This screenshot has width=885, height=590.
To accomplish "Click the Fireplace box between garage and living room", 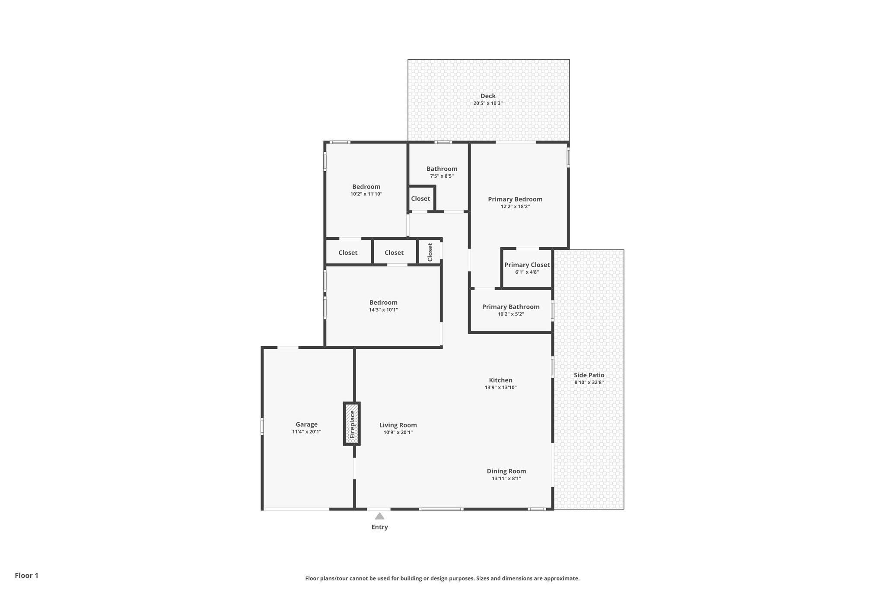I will [352, 424].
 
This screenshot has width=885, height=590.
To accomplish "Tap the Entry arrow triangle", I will [379, 516].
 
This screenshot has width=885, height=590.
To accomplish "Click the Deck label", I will [488, 96].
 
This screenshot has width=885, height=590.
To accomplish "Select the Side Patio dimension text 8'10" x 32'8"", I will [589, 383].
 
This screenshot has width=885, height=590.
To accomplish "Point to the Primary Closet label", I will [527, 265].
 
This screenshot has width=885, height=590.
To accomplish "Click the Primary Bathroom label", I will [510, 307].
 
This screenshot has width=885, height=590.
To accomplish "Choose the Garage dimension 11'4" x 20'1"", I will [306, 432].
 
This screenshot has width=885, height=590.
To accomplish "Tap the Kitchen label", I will [500, 380].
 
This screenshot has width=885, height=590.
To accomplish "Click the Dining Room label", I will [506, 471].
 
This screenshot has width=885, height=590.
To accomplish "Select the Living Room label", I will [398, 425].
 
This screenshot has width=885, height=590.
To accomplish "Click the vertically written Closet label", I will [430, 252].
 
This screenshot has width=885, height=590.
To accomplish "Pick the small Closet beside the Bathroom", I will [420, 199].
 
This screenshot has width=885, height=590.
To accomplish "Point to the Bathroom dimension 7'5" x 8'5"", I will [442, 176].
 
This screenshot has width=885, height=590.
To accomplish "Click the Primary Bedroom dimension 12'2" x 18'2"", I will [515, 207].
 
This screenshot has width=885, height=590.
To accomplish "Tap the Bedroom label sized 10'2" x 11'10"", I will [366, 187].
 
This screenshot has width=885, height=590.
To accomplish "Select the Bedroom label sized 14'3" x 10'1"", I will [383, 303].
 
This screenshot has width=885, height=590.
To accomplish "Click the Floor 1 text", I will [26, 575].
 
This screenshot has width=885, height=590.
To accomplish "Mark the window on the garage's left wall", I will [262, 426].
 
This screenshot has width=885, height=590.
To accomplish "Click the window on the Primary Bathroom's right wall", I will [552, 311].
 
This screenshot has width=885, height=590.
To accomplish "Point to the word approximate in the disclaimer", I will [561, 578].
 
